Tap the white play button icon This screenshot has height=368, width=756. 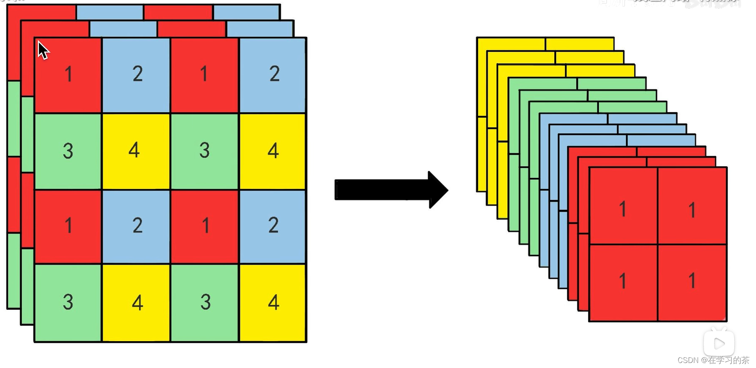(719, 343)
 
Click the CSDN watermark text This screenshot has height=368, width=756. (713, 360)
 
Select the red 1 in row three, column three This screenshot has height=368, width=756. (205, 226)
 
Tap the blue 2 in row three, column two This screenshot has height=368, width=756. (136, 226)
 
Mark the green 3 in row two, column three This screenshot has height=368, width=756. (205, 151)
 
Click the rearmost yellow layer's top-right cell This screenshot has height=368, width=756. (579, 44)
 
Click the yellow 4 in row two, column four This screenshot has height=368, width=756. (273, 151)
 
